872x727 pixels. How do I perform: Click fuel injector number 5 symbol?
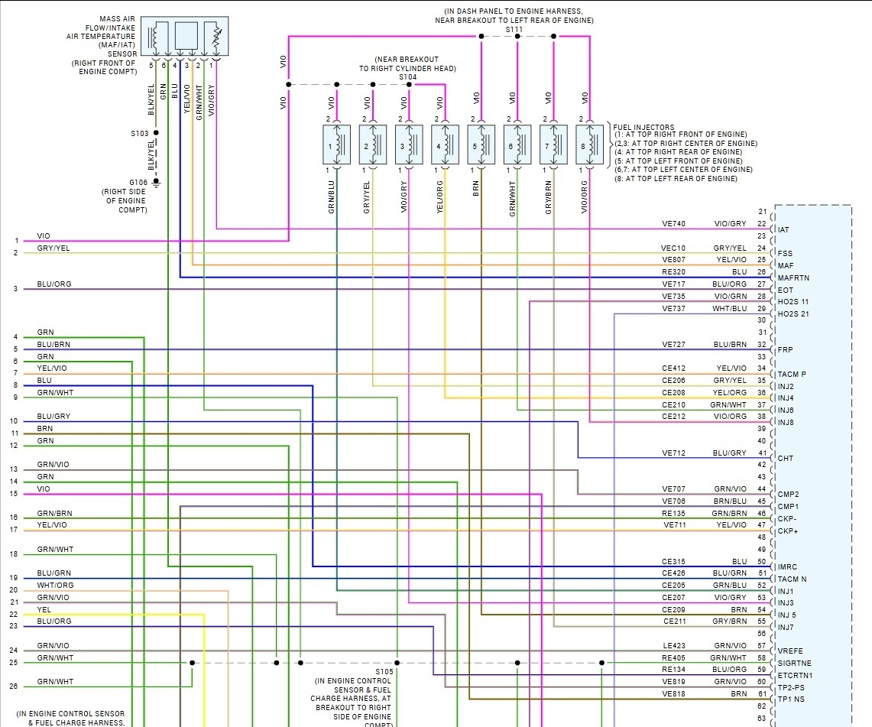481,145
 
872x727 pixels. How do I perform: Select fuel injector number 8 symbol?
591,145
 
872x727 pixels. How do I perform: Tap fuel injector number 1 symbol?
336,145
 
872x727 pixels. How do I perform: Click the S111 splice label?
514,30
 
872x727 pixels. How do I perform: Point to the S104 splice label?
408,77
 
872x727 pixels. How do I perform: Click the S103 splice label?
140,134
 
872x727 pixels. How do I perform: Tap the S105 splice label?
384,671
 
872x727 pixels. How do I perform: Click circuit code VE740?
673,224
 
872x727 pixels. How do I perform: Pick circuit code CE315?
673,561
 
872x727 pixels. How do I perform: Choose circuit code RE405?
673,657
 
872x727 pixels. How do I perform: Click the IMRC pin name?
788,567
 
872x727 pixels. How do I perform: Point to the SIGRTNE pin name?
794,663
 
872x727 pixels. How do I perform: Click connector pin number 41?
761,453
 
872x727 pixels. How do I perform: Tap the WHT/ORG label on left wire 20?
55,586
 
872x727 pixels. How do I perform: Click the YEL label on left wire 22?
44,609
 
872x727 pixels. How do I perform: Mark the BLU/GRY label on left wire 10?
53,417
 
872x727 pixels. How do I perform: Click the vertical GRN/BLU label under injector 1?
332,197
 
